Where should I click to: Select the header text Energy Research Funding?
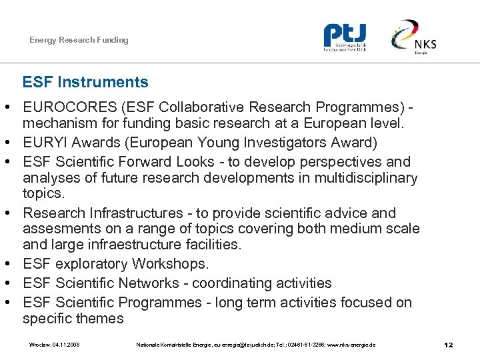click(79, 40)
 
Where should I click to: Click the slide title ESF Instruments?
click(85, 83)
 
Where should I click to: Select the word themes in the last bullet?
click(99, 318)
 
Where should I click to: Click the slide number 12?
click(449, 345)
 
